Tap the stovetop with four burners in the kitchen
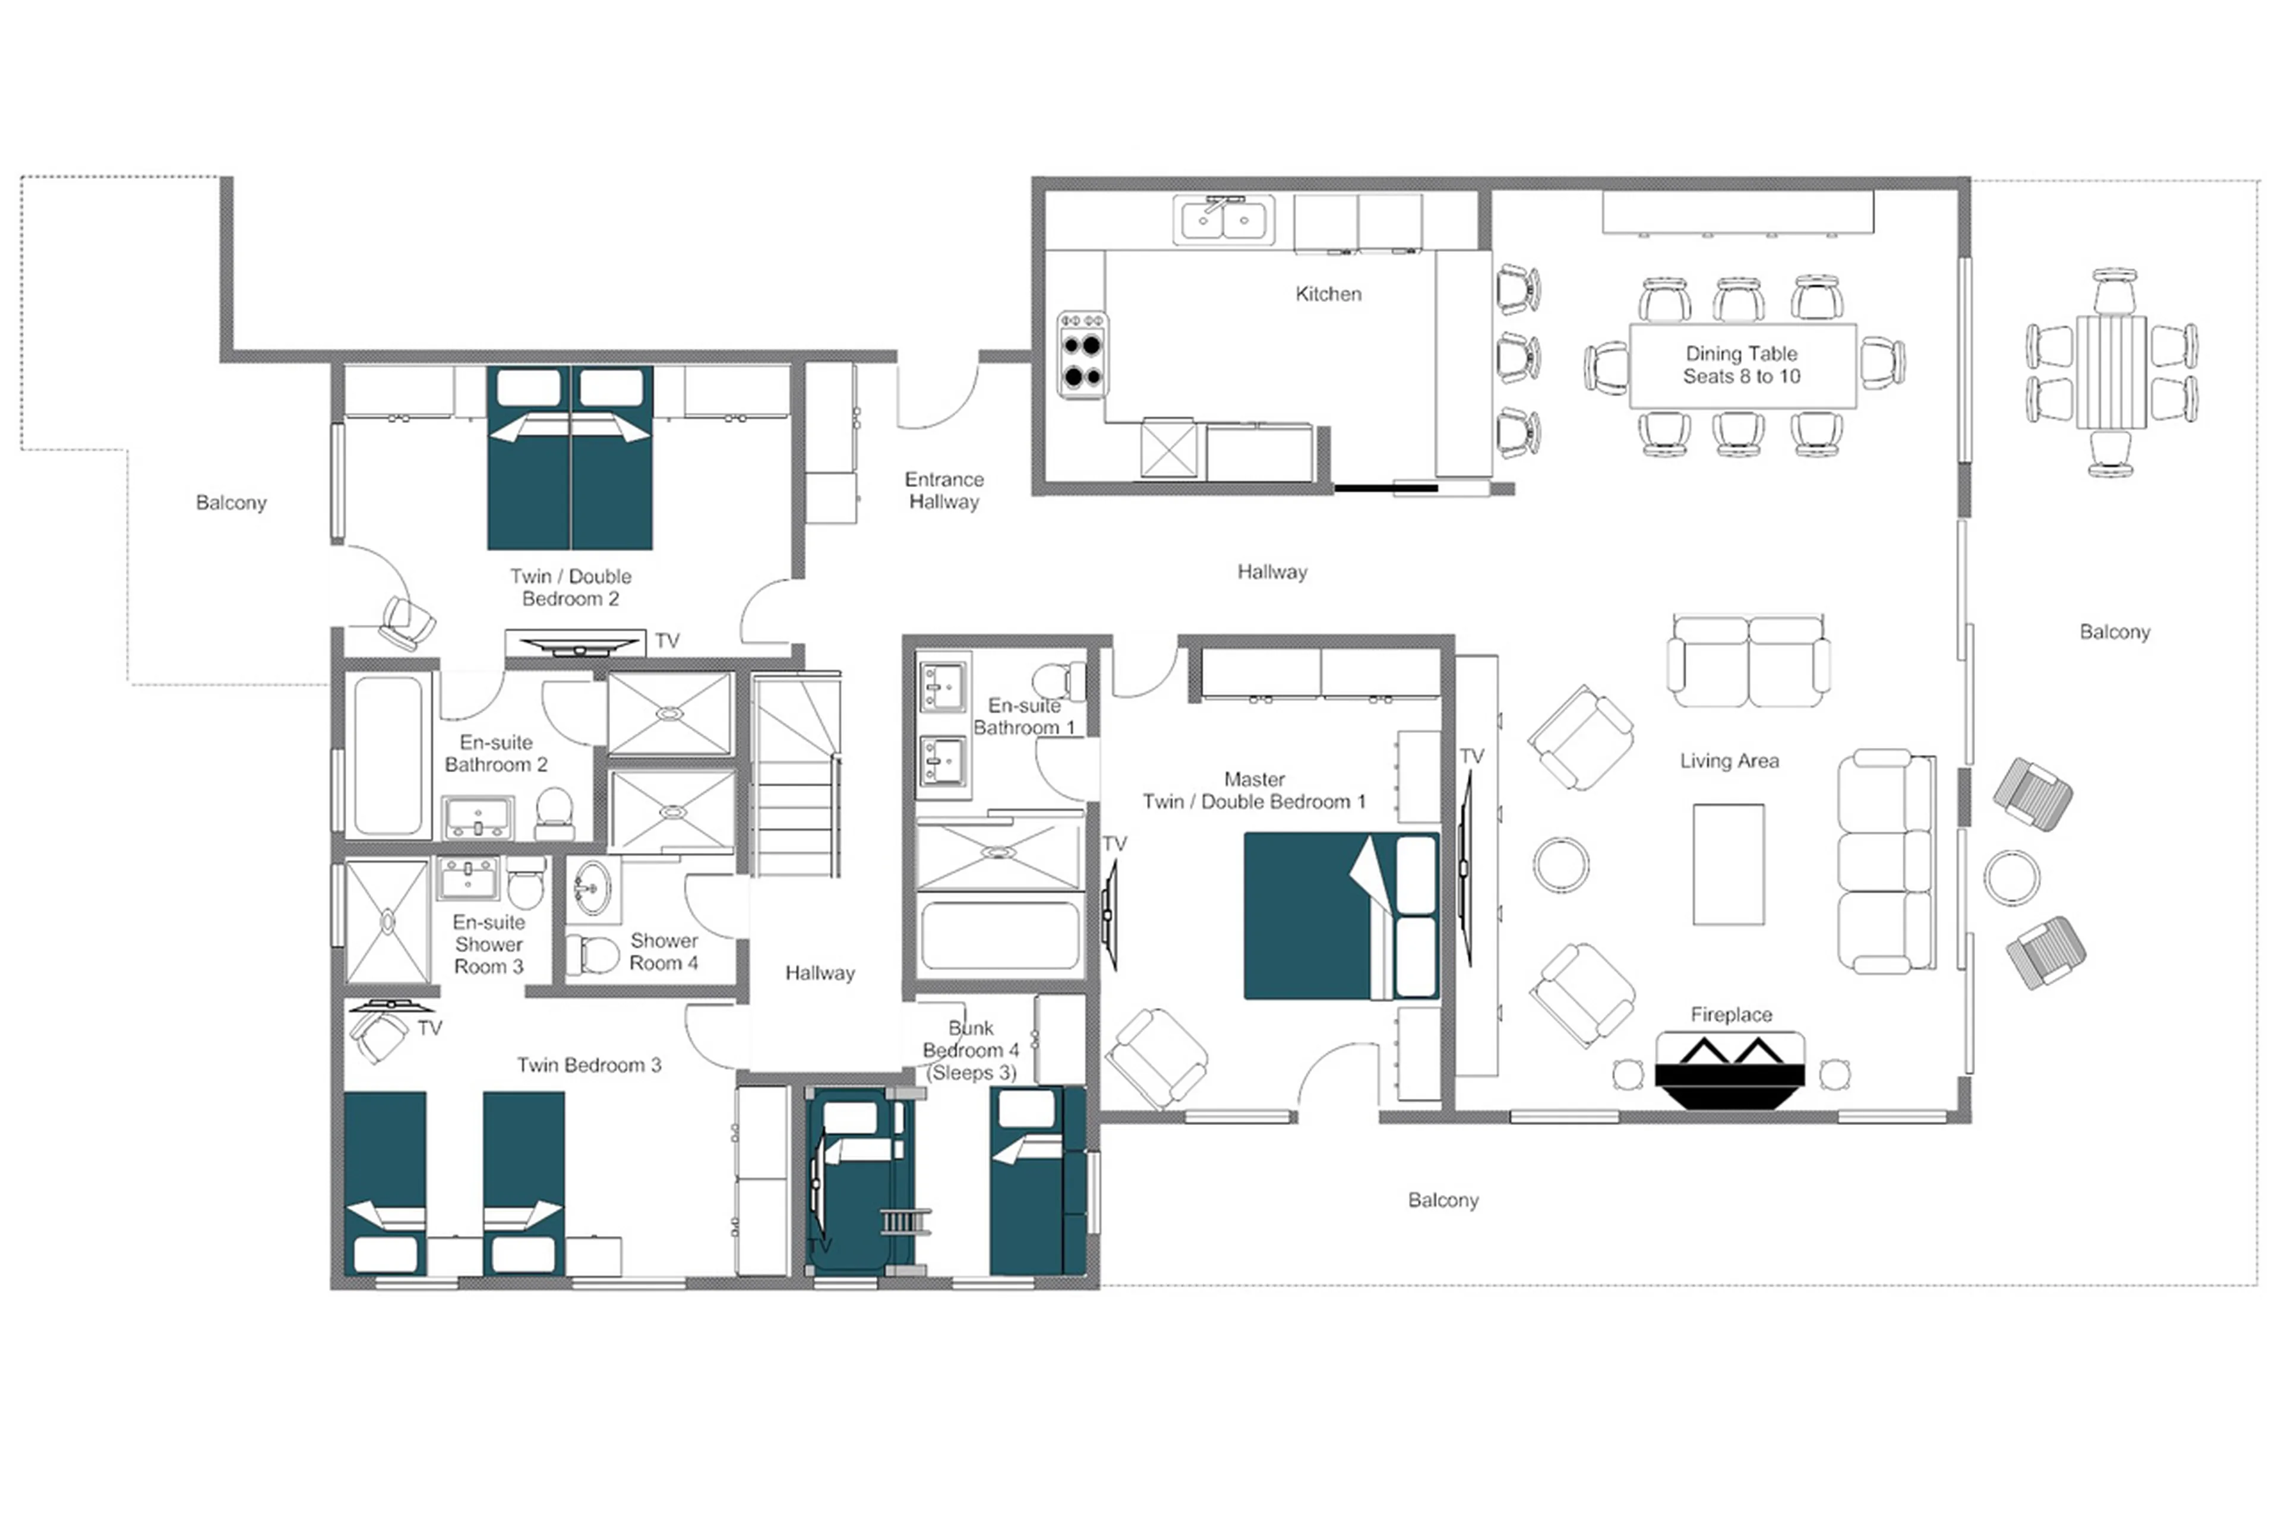[x=1082, y=354]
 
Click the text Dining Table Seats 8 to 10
[x=1741, y=365]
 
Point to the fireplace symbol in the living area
[x=1729, y=1070]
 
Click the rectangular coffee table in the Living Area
[x=1727, y=864]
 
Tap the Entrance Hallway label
[x=943, y=491]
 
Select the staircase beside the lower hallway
[x=794, y=776]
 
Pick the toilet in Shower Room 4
[x=593, y=954]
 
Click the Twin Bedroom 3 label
[x=589, y=1066]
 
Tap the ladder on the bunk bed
[x=905, y=1221]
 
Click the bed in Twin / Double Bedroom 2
[x=570, y=457]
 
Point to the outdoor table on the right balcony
[x=2111, y=372]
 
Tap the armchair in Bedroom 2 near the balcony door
[x=407, y=622]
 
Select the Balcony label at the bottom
[x=1442, y=1200]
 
